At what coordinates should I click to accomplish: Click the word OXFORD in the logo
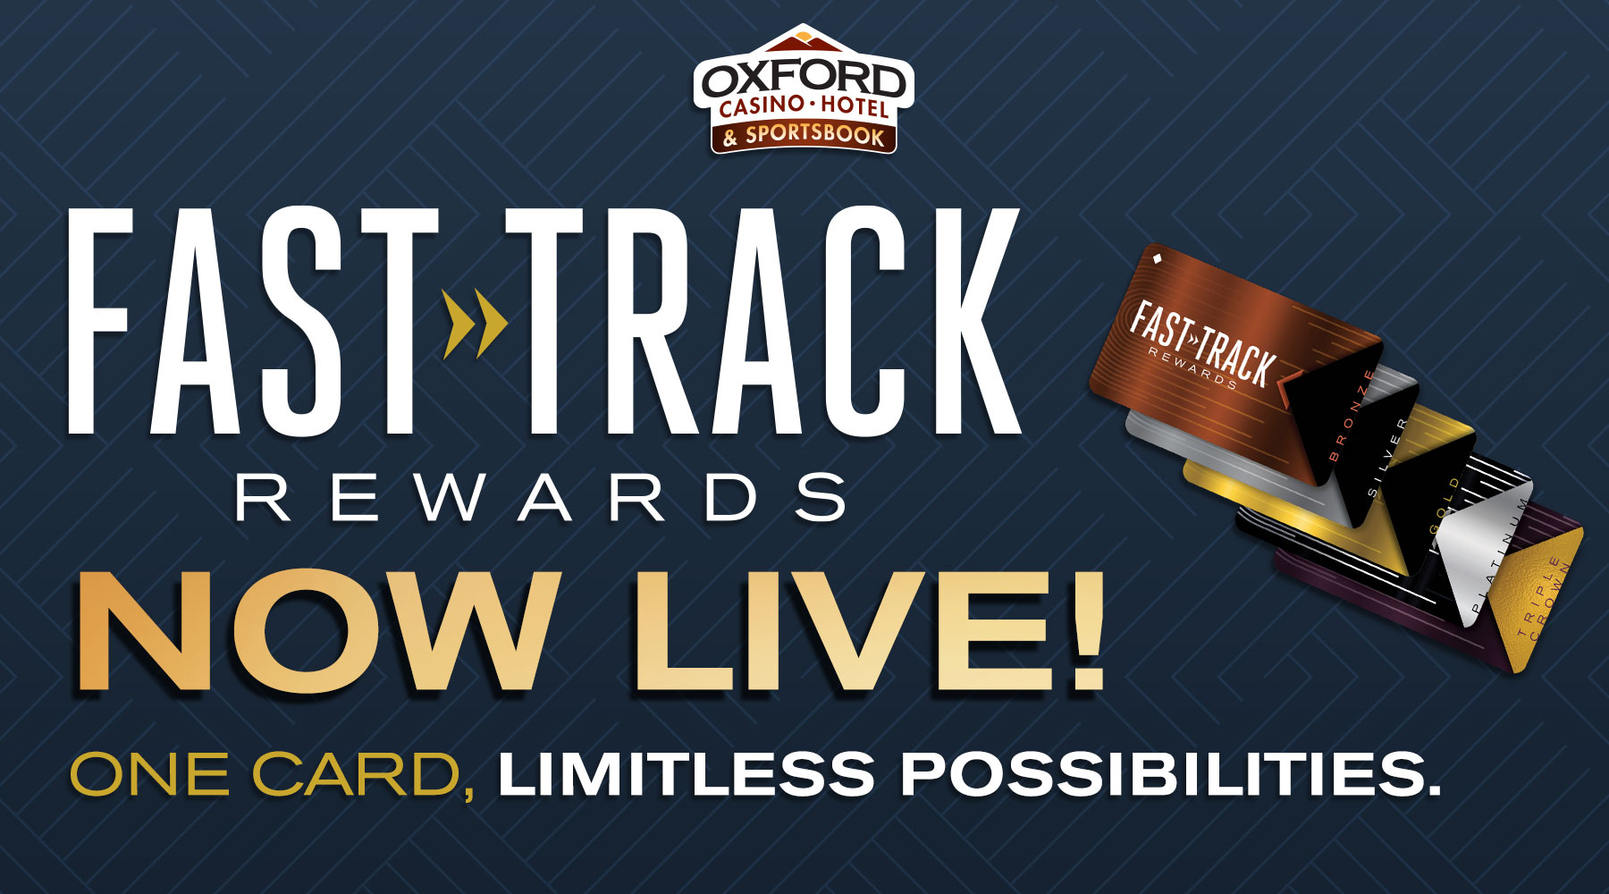coord(803,80)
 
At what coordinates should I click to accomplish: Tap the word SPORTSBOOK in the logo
coord(814,136)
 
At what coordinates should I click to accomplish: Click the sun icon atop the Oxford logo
coord(803,38)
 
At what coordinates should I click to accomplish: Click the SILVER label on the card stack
coord(1388,457)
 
